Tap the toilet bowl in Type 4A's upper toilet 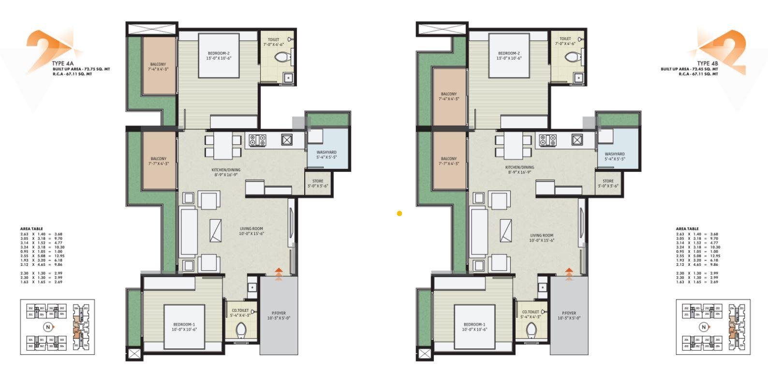pyautogui.click(x=281, y=58)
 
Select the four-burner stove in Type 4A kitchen pyautogui.click(x=257, y=140)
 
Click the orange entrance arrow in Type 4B pyautogui.click(x=569, y=274)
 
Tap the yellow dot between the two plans pyautogui.click(x=399, y=213)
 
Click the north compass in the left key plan pyautogui.click(x=47, y=327)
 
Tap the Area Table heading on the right pyautogui.click(x=687, y=229)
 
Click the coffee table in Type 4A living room pyautogui.click(x=215, y=230)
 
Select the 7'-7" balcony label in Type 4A pyautogui.click(x=159, y=161)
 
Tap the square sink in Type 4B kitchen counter pyautogui.click(x=576, y=140)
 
